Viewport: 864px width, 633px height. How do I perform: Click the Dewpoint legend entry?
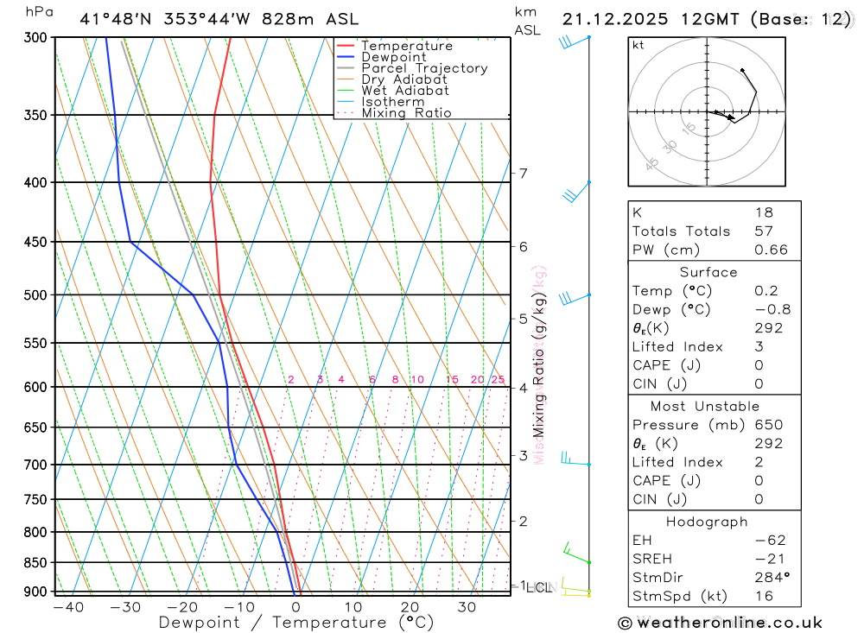click(x=393, y=57)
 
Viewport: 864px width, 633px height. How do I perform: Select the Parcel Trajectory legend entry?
click(x=424, y=68)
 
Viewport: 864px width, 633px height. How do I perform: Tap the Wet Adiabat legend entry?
click(x=404, y=91)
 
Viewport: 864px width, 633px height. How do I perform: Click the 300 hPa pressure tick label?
click(x=35, y=38)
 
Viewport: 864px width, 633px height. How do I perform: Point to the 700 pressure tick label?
click(x=35, y=465)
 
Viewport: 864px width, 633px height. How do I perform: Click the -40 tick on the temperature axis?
click(x=67, y=607)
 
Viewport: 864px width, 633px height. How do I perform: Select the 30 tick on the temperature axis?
click(x=467, y=607)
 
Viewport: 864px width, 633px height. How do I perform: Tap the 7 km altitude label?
click(x=524, y=174)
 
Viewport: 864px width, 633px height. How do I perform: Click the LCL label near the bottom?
click(x=538, y=588)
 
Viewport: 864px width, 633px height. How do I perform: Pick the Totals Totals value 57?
click(x=764, y=231)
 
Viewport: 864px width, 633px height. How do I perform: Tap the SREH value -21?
click(x=767, y=560)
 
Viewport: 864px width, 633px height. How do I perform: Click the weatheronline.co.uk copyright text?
click(x=721, y=623)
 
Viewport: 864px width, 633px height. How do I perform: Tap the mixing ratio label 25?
click(x=498, y=380)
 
